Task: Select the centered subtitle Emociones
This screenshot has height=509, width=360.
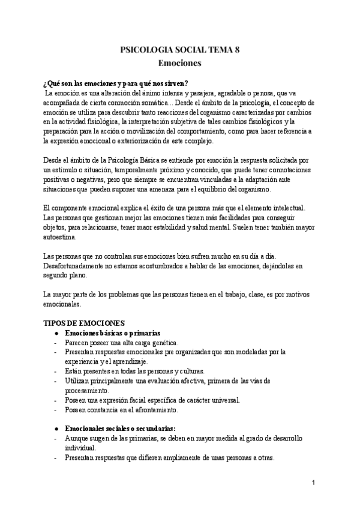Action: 180,62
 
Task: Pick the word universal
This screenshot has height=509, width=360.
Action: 221,400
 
